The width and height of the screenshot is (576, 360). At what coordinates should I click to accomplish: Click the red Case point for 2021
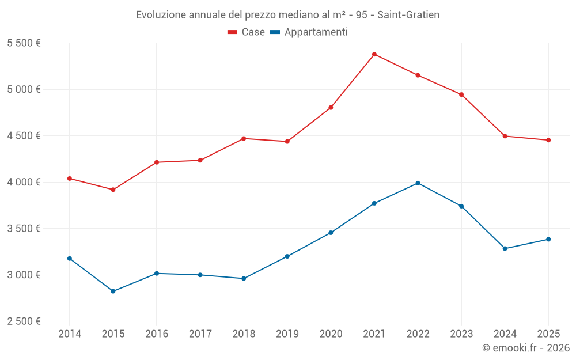374,54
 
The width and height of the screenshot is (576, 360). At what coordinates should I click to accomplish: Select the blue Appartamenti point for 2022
418,183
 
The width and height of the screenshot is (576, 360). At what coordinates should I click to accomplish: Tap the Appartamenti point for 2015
113,291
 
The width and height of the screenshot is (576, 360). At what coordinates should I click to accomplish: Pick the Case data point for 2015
113,190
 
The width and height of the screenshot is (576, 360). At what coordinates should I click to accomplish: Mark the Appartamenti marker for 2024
505,249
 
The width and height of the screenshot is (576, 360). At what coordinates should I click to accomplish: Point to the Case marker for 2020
331,108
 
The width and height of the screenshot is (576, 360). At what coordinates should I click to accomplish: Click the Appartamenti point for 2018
244,279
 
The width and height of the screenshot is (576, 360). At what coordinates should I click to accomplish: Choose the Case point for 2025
548,140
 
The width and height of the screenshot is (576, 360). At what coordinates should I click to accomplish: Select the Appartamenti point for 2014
70,259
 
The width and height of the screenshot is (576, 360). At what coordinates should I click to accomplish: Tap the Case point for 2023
461,94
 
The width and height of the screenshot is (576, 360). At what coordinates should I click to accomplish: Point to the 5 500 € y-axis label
24,43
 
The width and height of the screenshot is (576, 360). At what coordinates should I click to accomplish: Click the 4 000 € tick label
24,182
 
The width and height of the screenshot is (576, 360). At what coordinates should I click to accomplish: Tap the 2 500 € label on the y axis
24,321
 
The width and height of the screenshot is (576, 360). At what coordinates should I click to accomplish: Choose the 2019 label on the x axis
287,334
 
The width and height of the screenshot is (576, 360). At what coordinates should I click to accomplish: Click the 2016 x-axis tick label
157,334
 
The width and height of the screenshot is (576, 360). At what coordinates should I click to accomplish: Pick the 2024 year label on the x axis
505,334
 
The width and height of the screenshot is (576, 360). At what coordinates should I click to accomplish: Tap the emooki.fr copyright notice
525,348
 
